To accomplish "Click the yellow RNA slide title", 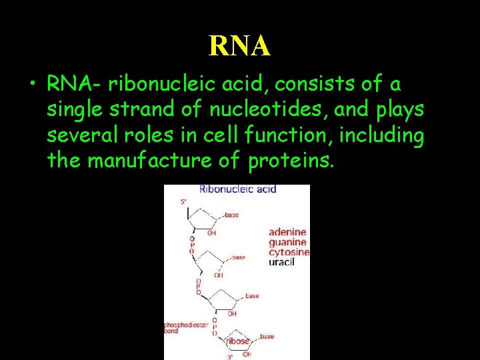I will tap(239, 45).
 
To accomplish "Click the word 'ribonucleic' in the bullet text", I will tap(155, 85).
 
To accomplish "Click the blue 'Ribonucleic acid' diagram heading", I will tap(237, 189).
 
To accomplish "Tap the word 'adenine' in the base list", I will tap(288, 233).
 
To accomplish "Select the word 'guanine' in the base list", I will tap(288, 243).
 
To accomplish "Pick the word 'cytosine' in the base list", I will tap(289, 253).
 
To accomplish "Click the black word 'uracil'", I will tap(281, 263).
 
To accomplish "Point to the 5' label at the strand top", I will tap(184, 201).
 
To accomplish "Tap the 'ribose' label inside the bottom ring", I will tap(237, 341).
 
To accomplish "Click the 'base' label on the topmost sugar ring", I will tap(231, 215).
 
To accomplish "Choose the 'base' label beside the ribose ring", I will tap(267, 337).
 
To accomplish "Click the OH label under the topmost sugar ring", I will tap(211, 233).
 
